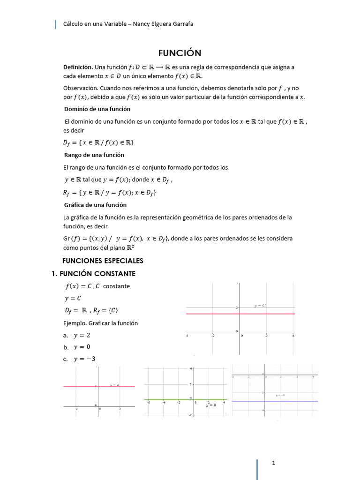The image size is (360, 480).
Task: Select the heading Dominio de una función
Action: [x=97, y=109]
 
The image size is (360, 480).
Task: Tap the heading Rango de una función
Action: [x=94, y=155]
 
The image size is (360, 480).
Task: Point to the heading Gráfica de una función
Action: [x=95, y=205]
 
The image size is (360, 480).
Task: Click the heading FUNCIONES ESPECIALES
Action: [x=103, y=261]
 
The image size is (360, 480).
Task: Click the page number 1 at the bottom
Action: [x=273, y=463]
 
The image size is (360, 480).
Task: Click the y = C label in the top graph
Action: [x=260, y=306]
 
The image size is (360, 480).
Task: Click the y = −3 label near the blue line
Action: [x=280, y=396]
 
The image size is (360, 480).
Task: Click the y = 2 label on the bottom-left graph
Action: [x=114, y=384]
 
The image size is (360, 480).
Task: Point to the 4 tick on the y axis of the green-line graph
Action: [x=191, y=369]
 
